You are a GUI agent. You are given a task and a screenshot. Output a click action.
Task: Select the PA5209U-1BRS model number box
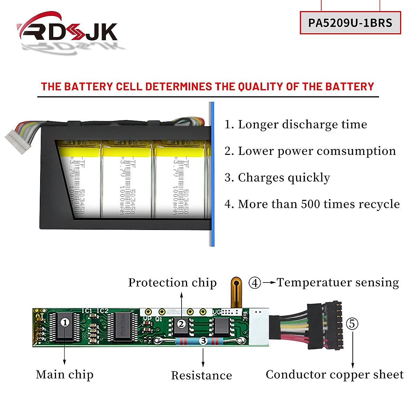coord(350,23)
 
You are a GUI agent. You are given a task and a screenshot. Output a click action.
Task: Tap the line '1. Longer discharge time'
coord(296,124)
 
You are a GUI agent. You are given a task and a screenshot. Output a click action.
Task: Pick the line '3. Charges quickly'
coord(277,178)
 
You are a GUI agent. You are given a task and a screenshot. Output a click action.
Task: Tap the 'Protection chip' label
coord(172,283)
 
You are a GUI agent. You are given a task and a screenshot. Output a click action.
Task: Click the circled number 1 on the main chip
coord(65,322)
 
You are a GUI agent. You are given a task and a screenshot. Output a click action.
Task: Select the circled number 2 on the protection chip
coord(181,324)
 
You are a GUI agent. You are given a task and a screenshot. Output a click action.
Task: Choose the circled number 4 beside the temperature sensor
coord(255,283)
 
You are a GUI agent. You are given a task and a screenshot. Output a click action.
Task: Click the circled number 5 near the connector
coord(352,324)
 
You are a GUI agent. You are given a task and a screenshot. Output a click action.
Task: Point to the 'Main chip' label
coord(65,375)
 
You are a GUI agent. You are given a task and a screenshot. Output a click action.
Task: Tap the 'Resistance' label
coord(202,376)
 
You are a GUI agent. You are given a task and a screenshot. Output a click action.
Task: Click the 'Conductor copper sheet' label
coord(334,375)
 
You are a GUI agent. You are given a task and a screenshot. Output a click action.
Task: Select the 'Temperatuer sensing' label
coord(338,283)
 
